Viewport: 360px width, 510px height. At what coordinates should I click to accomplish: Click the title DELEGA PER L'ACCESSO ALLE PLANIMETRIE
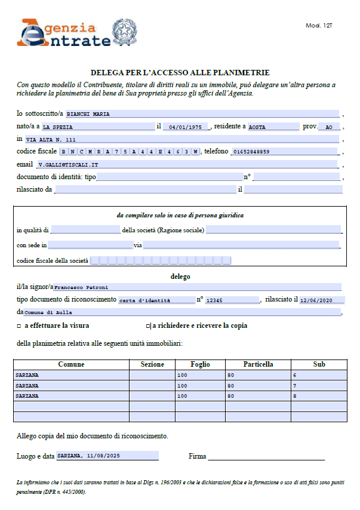pyautogui.click(x=180, y=72)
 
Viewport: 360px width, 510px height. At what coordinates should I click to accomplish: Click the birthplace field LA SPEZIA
pyautogui.click(x=97, y=127)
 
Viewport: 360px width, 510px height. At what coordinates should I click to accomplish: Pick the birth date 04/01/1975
pyautogui.click(x=185, y=127)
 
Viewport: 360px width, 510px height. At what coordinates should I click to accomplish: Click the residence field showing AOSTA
pyautogui.click(x=273, y=127)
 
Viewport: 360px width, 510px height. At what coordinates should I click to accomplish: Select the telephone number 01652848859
pyautogui.click(x=284, y=152)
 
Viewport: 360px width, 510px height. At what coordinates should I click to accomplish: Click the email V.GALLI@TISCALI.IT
pyautogui.click(x=186, y=164)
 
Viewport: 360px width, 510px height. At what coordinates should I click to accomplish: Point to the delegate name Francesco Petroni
pyautogui.click(x=198, y=287)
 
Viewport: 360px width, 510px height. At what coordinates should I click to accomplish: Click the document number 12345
pyautogui.click(x=231, y=300)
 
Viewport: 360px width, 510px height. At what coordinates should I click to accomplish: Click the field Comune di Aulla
pyautogui.click(x=182, y=312)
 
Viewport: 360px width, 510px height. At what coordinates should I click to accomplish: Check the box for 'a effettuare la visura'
pyautogui.click(x=19, y=326)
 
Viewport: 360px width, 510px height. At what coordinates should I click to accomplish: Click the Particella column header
pyautogui.click(x=258, y=364)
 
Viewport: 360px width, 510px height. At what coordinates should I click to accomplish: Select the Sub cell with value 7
pyautogui.click(x=319, y=385)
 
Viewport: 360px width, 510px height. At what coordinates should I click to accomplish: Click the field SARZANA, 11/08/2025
pyautogui.click(x=107, y=456)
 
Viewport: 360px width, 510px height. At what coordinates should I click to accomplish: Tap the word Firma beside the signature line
pyautogui.click(x=197, y=456)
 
